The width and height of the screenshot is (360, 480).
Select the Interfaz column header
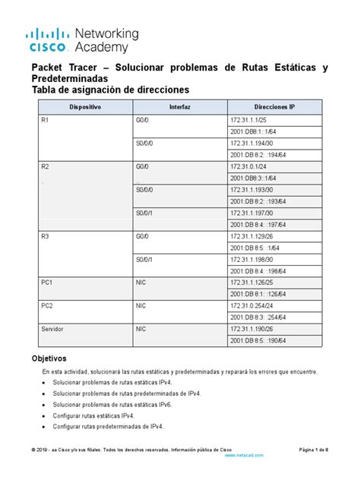pyautogui.click(x=180, y=108)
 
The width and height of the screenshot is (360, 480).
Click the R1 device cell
pyautogui.click(x=45, y=120)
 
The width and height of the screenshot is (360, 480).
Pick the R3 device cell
pyautogui.click(x=45, y=237)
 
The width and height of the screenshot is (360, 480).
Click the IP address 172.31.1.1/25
pyautogui.click(x=248, y=120)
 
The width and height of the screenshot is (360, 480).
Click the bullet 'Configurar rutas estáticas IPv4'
pyautogui.click(x=93, y=416)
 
